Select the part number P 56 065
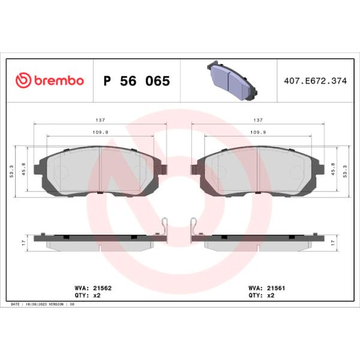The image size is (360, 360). [137, 81]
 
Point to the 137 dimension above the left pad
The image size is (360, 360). [100, 120]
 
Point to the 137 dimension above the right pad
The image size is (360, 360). [258, 120]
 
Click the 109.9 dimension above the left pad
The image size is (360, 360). [100, 133]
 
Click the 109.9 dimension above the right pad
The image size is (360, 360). [258, 133]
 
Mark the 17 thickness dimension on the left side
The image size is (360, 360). [22, 242]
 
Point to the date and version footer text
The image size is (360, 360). [43, 304]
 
